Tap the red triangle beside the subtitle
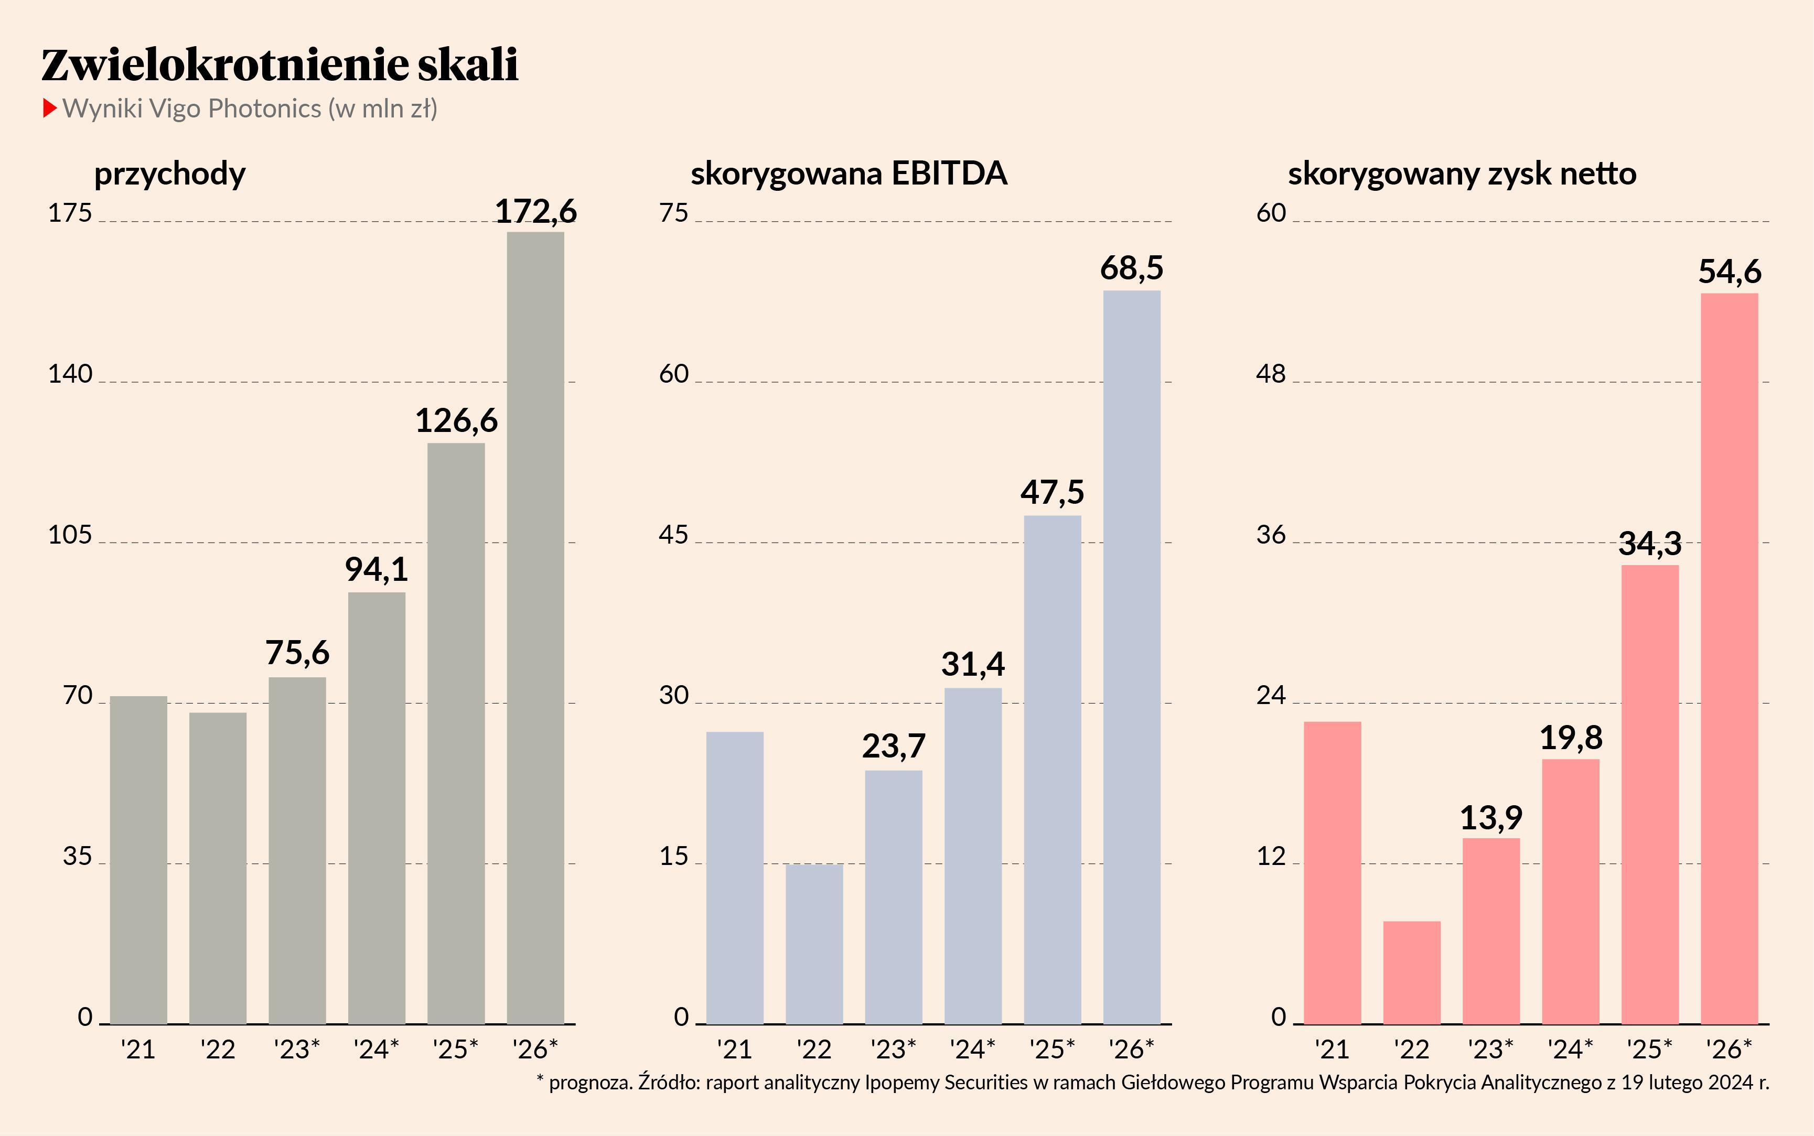click(x=50, y=108)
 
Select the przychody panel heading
click(x=170, y=174)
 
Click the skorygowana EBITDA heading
click(x=849, y=174)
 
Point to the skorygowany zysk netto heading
click(x=1462, y=174)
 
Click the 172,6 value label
click(x=535, y=211)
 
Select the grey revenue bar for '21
click(x=138, y=860)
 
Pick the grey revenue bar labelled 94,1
click(x=377, y=808)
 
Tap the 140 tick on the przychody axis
click(x=70, y=374)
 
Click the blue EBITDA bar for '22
click(x=814, y=944)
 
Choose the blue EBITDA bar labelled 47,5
click(x=1052, y=770)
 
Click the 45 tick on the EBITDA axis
click(x=673, y=535)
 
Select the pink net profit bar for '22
click(x=1411, y=972)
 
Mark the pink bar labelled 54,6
click(x=1729, y=658)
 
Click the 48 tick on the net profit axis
click(x=1271, y=374)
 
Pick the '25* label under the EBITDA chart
click(x=1052, y=1049)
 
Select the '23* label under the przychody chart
click(x=297, y=1049)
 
